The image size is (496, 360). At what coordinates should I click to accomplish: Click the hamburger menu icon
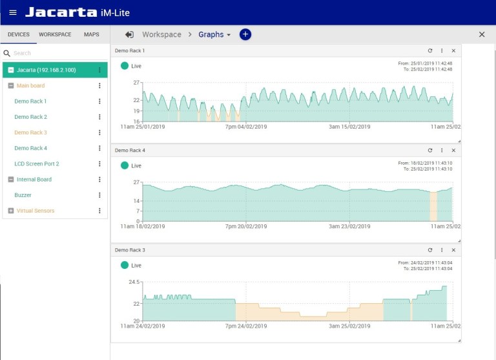tap(13, 12)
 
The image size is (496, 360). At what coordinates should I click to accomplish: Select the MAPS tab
tap(91, 34)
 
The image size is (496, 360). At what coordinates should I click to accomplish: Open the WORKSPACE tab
tap(55, 34)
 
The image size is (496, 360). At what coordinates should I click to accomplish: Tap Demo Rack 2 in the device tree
tap(30, 117)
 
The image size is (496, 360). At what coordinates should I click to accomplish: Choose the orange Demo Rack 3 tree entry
tap(30, 132)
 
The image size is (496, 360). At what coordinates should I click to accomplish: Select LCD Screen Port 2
tap(36, 164)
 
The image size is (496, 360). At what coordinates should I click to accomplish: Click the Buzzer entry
tap(23, 195)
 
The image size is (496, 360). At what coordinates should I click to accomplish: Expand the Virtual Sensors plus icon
tap(10, 211)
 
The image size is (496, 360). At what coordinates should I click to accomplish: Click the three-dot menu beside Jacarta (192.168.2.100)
tap(99, 70)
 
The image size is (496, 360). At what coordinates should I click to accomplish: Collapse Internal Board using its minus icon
tap(10, 180)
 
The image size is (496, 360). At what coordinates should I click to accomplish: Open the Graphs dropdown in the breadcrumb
tap(214, 34)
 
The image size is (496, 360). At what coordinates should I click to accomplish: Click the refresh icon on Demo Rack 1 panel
tap(430, 50)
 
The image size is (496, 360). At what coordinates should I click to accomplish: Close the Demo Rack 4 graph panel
tap(453, 150)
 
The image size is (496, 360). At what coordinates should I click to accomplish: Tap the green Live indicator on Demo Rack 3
tap(125, 265)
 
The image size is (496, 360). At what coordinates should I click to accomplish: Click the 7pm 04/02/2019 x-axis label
tap(245, 127)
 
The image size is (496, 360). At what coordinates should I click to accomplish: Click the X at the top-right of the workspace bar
tap(482, 34)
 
